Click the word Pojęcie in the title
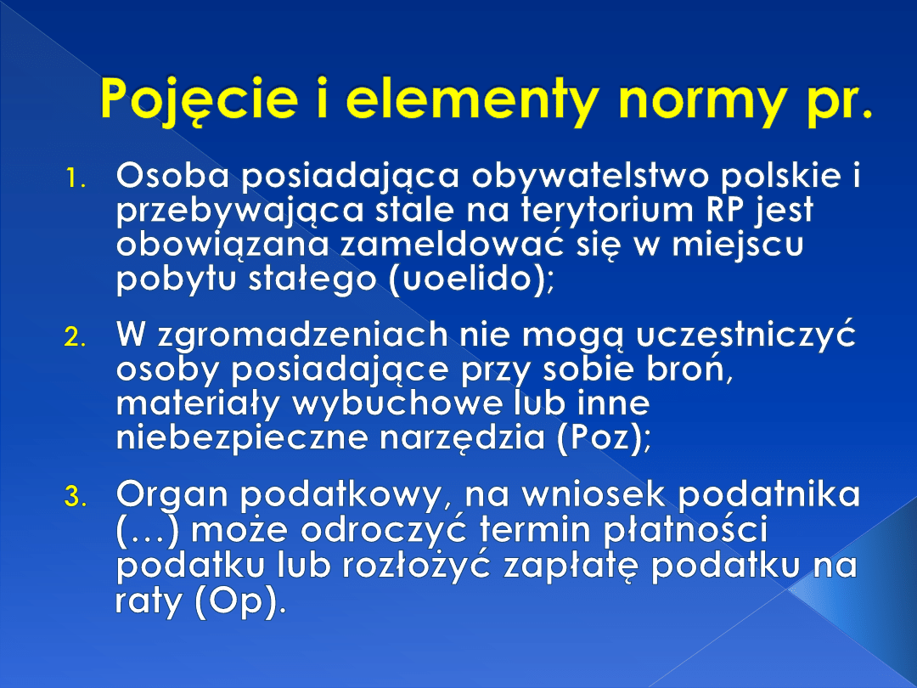coord(200,99)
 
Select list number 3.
coord(76,497)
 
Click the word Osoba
coord(172,175)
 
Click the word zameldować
coord(452,243)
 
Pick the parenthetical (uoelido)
coord(470,279)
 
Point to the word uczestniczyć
coord(745,336)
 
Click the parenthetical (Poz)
coord(602,438)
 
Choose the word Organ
coord(172,495)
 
